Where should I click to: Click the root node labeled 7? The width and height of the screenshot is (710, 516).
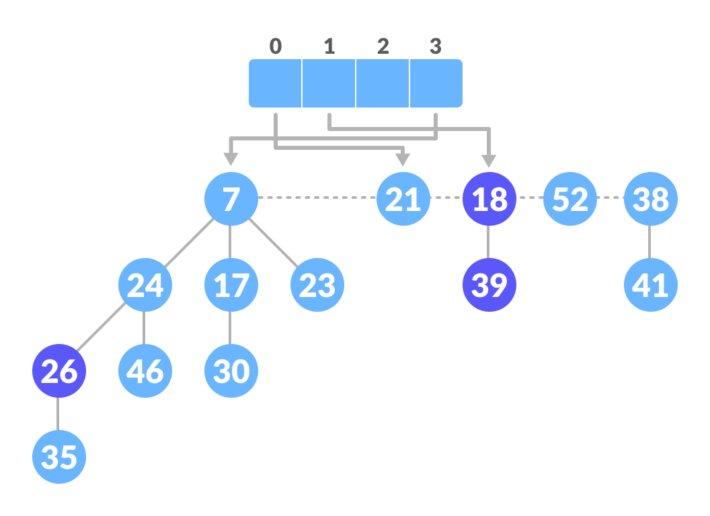click(x=231, y=199)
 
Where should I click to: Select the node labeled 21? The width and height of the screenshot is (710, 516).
click(x=403, y=199)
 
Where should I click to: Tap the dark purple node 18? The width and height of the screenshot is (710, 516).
click(x=489, y=199)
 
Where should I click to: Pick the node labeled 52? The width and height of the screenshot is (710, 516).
click(x=569, y=199)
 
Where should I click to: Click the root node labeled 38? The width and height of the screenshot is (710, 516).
click(x=650, y=199)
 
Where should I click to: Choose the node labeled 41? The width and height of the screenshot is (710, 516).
click(x=650, y=285)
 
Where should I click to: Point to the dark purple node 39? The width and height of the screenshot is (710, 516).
click(x=489, y=285)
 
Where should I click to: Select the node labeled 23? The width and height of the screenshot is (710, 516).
click(x=317, y=285)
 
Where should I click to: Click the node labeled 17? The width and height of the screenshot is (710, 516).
click(x=231, y=285)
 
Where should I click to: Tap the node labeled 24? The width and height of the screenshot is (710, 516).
click(x=145, y=285)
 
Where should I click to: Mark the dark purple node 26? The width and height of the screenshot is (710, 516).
click(x=58, y=371)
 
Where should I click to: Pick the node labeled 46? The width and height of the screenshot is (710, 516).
click(x=145, y=371)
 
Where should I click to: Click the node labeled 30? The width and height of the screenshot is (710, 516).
click(x=231, y=371)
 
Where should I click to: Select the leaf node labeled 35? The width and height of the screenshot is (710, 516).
click(x=58, y=457)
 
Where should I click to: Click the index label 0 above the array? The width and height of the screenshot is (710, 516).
click(x=276, y=46)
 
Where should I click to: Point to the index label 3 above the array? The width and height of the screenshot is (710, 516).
click(x=436, y=46)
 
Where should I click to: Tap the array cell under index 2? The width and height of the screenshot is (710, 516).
click(x=382, y=83)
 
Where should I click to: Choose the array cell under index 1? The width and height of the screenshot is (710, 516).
click(x=329, y=83)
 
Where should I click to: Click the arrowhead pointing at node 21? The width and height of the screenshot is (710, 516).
click(x=403, y=159)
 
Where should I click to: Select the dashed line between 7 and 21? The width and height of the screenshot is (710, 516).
click(x=316, y=198)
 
